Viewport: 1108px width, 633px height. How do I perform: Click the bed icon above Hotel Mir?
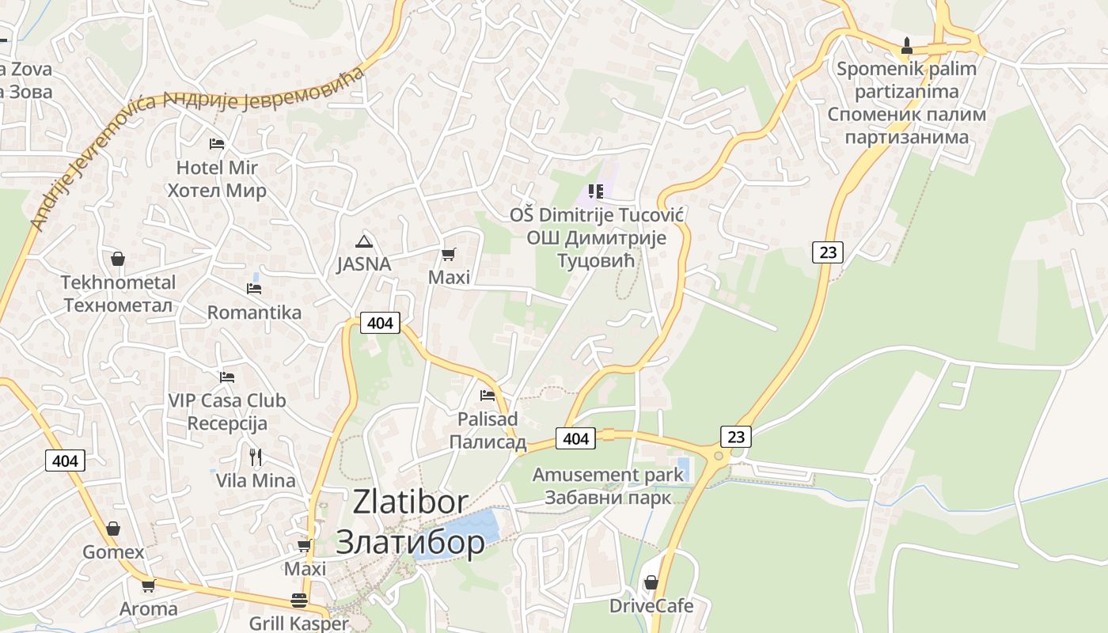click(217, 143)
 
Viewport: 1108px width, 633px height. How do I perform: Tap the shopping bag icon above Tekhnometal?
click(118, 259)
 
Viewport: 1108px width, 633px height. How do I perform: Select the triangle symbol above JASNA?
click(363, 241)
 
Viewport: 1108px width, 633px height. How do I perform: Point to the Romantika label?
click(254, 313)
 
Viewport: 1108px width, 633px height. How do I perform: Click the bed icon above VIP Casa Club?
click(227, 377)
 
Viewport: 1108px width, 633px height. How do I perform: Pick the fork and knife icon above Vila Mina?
click(256, 457)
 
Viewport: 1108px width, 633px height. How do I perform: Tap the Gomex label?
click(113, 552)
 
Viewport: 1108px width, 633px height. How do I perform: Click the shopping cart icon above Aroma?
click(148, 586)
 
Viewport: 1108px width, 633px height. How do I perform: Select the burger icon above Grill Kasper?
click(298, 600)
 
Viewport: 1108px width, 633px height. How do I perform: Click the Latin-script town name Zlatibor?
click(410, 502)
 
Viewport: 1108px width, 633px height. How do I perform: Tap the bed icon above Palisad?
click(488, 395)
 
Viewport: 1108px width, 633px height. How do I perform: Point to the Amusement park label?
click(607, 476)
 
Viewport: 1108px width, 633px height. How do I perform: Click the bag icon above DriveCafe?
click(651, 582)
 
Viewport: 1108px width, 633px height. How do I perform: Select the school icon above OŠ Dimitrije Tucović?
click(596, 191)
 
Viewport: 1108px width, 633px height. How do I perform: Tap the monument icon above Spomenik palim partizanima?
click(907, 45)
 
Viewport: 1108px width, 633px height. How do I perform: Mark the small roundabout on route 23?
click(719, 456)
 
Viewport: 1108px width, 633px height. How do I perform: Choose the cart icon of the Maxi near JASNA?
click(449, 254)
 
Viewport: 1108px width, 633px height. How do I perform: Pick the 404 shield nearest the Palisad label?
click(575, 438)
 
